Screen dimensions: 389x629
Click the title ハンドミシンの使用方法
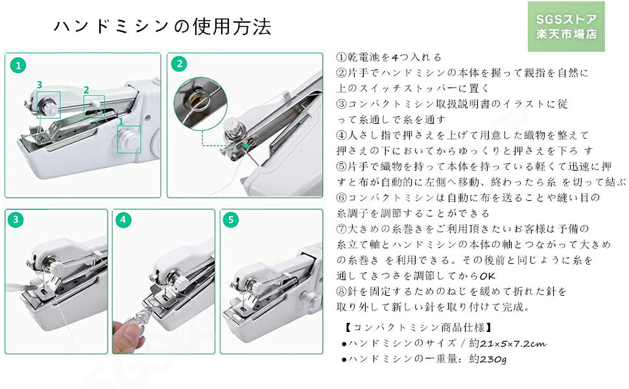[162, 27]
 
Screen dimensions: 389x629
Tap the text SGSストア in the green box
[565, 18]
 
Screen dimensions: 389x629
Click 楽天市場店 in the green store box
[565, 34]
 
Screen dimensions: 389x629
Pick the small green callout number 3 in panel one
[40, 84]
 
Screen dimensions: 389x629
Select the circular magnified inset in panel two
[198, 100]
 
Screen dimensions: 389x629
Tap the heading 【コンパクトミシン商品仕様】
[416, 327]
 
